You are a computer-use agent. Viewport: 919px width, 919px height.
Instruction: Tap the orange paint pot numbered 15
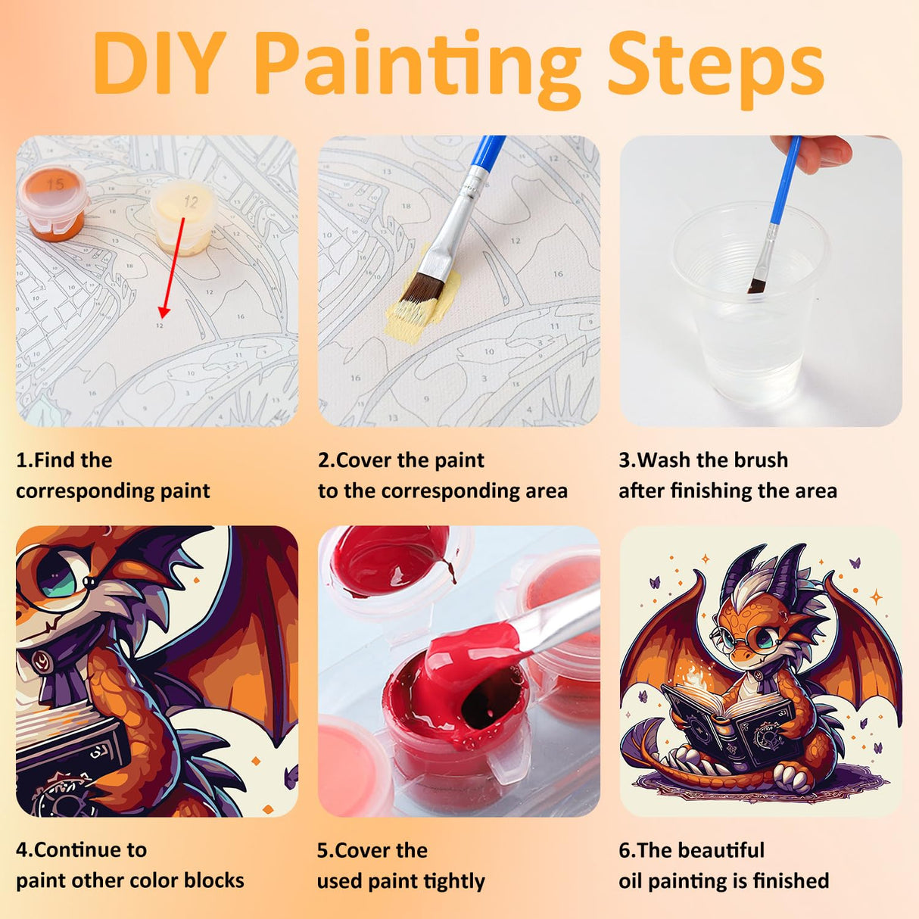pos(53,203)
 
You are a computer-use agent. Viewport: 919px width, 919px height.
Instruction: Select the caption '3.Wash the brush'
pos(703,460)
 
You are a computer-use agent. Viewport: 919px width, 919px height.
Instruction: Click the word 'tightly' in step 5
pos(454,881)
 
